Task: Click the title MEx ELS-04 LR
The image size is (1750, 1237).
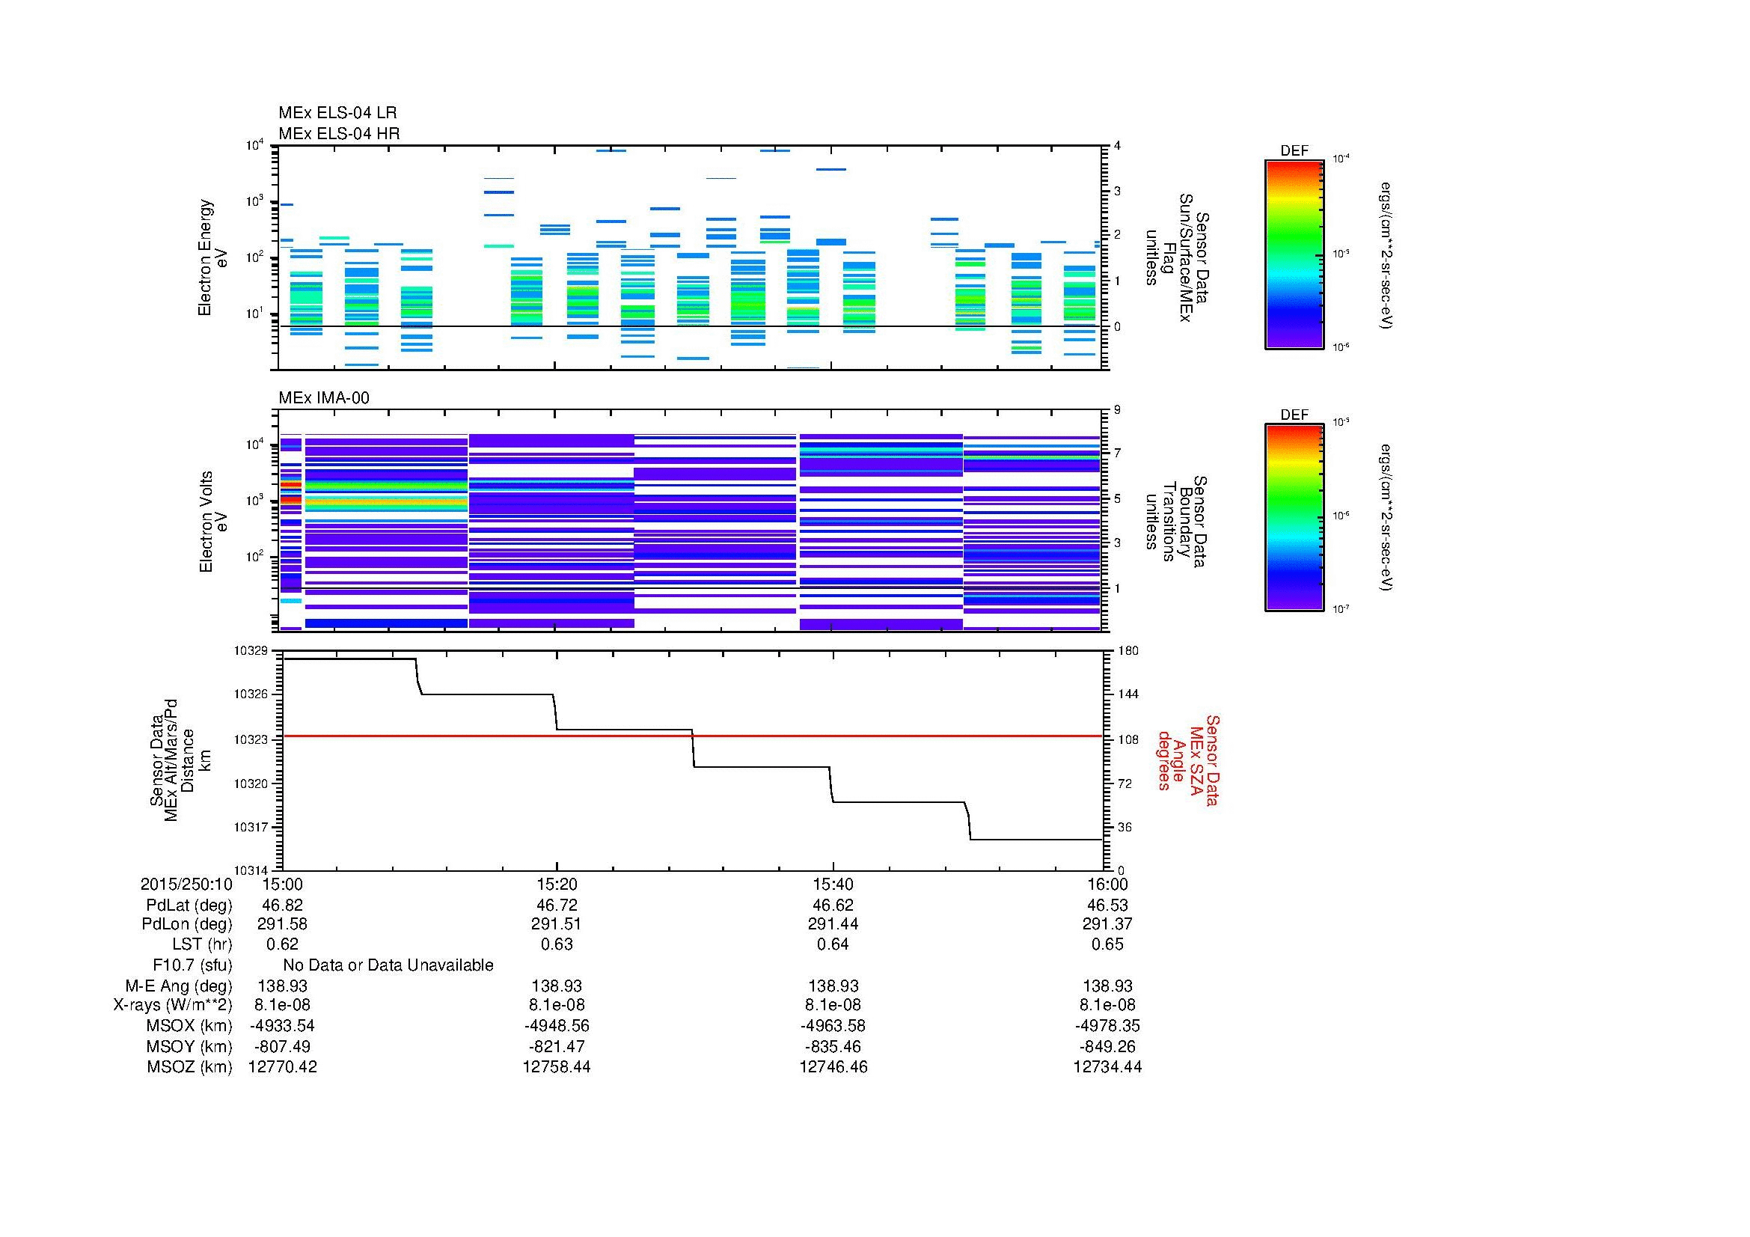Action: pyautogui.click(x=337, y=113)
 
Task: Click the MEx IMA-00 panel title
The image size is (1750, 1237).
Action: pyautogui.click(x=323, y=398)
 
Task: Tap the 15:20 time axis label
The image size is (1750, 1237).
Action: pyautogui.click(x=557, y=884)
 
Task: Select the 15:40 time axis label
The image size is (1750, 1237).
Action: pyautogui.click(x=833, y=884)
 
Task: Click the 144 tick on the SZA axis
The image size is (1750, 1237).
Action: pyautogui.click(x=1128, y=694)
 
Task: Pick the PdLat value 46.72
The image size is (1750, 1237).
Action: pyautogui.click(x=557, y=905)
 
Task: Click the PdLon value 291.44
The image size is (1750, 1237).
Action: pyautogui.click(x=833, y=923)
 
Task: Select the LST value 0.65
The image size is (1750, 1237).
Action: pyautogui.click(x=1107, y=944)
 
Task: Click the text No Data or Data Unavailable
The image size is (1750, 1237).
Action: pyautogui.click(x=388, y=965)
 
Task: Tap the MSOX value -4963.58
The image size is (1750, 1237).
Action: pyautogui.click(x=833, y=1026)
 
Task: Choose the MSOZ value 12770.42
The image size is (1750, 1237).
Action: pyautogui.click(x=282, y=1067)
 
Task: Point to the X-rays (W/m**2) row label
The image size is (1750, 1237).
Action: pyautogui.click(x=172, y=1005)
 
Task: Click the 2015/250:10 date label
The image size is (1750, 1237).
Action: pyautogui.click(x=186, y=884)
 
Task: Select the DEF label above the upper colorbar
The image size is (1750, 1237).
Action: pyautogui.click(x=1294, y=151)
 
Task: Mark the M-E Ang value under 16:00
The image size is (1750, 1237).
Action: pyautogui.click(x=1107, y=986)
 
